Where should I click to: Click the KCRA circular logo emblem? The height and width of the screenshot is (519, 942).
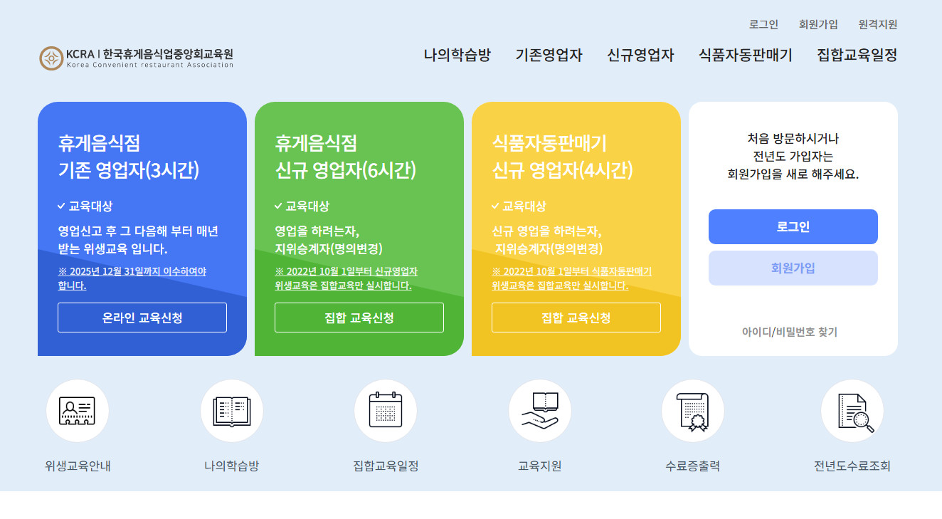(51, 58)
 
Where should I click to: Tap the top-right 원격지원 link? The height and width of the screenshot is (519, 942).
(877, 24)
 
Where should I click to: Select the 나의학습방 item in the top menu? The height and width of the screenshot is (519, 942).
(457, 55)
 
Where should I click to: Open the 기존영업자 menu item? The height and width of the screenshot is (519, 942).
(549, 55)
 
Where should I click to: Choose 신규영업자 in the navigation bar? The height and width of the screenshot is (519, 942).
(640, 55)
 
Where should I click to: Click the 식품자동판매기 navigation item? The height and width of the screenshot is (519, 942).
(745, 55)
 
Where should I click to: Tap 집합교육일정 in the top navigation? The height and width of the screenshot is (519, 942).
(857, 55)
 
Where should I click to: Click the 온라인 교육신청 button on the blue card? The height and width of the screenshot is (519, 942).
(142, 318)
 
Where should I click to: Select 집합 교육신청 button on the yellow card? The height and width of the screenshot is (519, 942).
(576, 318)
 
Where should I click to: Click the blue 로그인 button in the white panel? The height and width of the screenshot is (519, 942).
(793, 227)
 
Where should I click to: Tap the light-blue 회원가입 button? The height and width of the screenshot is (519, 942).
(793, 268)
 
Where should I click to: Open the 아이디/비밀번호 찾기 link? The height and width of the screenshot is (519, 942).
(789, 332)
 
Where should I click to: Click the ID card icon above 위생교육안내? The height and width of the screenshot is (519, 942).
(78, 411)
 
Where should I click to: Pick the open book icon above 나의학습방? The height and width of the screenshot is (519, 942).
(231, 411)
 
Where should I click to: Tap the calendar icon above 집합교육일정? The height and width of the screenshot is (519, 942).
(386, 411)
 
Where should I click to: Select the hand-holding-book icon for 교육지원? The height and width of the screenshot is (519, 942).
(540, 411)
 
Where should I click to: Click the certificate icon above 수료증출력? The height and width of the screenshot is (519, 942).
(693, 411)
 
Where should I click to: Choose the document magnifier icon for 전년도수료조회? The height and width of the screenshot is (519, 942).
(852, 411)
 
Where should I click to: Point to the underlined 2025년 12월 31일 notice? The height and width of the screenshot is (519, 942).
(132, 278)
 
